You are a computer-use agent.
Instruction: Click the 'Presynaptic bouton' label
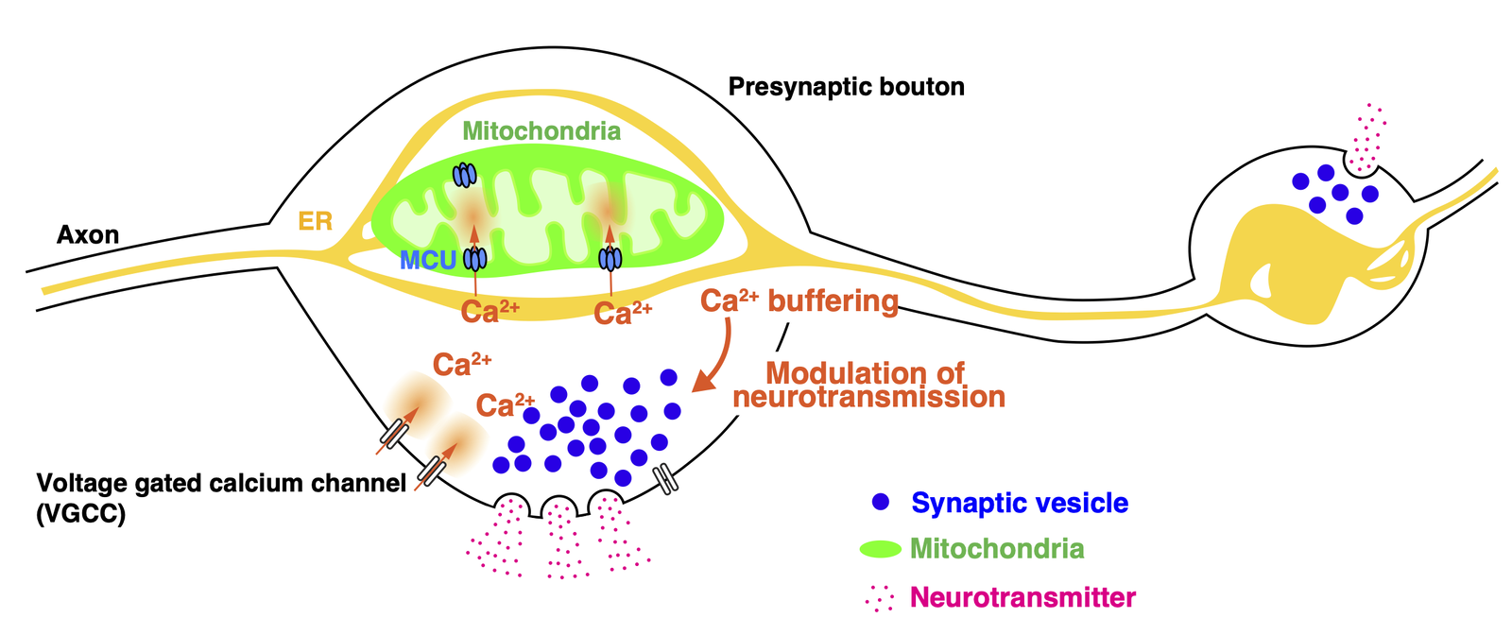846,87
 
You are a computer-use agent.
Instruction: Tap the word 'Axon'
88,234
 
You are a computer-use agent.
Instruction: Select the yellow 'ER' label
316,221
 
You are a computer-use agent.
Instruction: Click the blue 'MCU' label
428,260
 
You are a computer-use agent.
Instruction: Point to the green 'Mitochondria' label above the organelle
541,130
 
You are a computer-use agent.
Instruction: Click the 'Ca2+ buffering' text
799,301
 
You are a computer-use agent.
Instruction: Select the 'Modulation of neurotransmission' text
868,385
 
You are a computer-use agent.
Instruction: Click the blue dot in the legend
881,503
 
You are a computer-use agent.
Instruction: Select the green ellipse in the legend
881,549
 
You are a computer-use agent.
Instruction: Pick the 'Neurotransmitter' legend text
1022,597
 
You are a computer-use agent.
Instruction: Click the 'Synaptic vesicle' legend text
1020,503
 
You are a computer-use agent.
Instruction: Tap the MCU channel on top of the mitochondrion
464,175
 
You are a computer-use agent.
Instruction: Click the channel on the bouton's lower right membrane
667,479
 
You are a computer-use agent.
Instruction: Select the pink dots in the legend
880,597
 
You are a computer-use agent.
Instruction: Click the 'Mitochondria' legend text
997,549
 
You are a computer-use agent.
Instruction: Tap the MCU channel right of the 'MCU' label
474,258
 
